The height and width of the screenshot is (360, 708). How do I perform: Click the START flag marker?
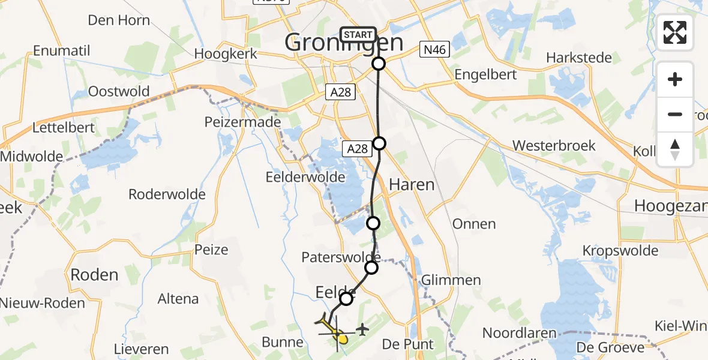(358, 35)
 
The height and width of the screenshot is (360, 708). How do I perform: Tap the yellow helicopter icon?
(333, 329)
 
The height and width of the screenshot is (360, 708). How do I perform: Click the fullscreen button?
(675, 32)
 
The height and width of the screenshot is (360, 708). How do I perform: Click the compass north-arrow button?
(675, 149)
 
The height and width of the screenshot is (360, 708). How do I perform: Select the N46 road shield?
(434, 50)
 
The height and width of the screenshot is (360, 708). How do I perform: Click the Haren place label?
(412, 185)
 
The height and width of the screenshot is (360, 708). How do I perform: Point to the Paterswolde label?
(341, 257)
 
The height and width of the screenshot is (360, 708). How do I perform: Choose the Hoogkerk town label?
(226, 53)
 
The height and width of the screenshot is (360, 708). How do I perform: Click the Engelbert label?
(486, 75)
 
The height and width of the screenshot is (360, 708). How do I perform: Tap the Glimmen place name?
(451, 280)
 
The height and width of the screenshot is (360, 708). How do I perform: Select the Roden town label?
(94, 275)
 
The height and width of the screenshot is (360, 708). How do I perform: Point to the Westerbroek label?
(554, 146)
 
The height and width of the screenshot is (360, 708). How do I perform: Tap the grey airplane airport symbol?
(362, 329)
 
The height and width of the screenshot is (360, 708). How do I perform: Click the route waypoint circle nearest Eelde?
(346, 298)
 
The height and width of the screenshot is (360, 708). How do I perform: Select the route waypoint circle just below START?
(379, 64)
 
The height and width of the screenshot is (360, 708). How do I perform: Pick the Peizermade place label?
(242, 122)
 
